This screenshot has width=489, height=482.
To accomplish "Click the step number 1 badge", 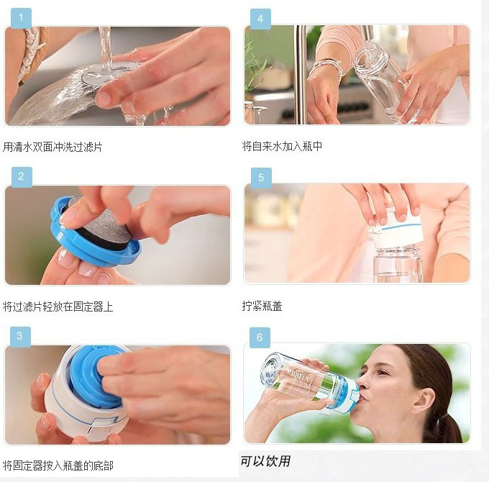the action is pyautogui.click(x=21, y=18).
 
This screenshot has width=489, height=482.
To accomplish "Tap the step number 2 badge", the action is pyautogui.click(x=22, y=177).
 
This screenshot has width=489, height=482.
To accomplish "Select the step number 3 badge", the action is pyautogui.click(x=20, y=337).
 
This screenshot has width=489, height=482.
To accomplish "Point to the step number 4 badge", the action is pyautogui.click(x=260, y=19).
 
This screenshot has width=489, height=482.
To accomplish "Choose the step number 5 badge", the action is pyautogui.click(x=261, y=178).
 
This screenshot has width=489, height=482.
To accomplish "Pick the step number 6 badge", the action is pyautogui.click(x=260, y=337).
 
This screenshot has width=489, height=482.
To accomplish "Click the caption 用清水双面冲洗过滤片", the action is pyautogui.click(x=52, y=147).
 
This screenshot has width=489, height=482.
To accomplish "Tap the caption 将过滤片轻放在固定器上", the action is pyautogui.click(x=58, y=306).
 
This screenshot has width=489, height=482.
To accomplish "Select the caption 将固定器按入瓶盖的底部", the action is pyautogui.click(x=58, y=465).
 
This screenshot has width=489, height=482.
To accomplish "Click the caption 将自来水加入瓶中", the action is pyautogui.click(x=282, y=146).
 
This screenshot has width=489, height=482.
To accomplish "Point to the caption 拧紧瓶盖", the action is pyautogui.click(x=262, y=306).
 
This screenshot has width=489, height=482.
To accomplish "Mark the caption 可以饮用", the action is pyautogui.click(x=265, y=461).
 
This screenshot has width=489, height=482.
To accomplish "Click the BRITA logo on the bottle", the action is pyautogui.click(x=300, y=376).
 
